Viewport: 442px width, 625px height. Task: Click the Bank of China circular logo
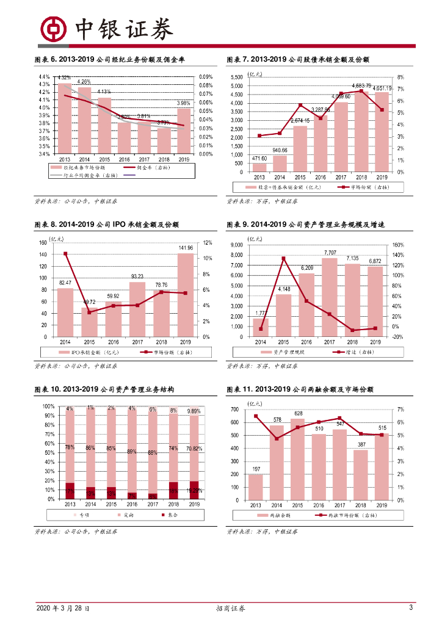click(53, 29)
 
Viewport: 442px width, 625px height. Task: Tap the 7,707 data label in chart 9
click(330, 252)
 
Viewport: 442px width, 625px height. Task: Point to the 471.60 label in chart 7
click(259, 158)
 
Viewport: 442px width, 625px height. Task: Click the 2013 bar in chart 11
click(256, 486)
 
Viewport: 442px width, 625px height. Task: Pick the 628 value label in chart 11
click(299, 414)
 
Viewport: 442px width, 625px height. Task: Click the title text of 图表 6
click(110, 60)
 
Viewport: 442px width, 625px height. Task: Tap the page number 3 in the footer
click(411, 608)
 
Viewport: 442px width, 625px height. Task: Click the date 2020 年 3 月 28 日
click(63, 609)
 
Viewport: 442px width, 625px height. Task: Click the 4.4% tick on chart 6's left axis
click(44, 77)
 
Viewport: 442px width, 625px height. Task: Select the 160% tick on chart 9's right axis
click(396, 245)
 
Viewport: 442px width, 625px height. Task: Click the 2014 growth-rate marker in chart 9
click(261, 329)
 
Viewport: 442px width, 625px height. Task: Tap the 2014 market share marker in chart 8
click(65, 254)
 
